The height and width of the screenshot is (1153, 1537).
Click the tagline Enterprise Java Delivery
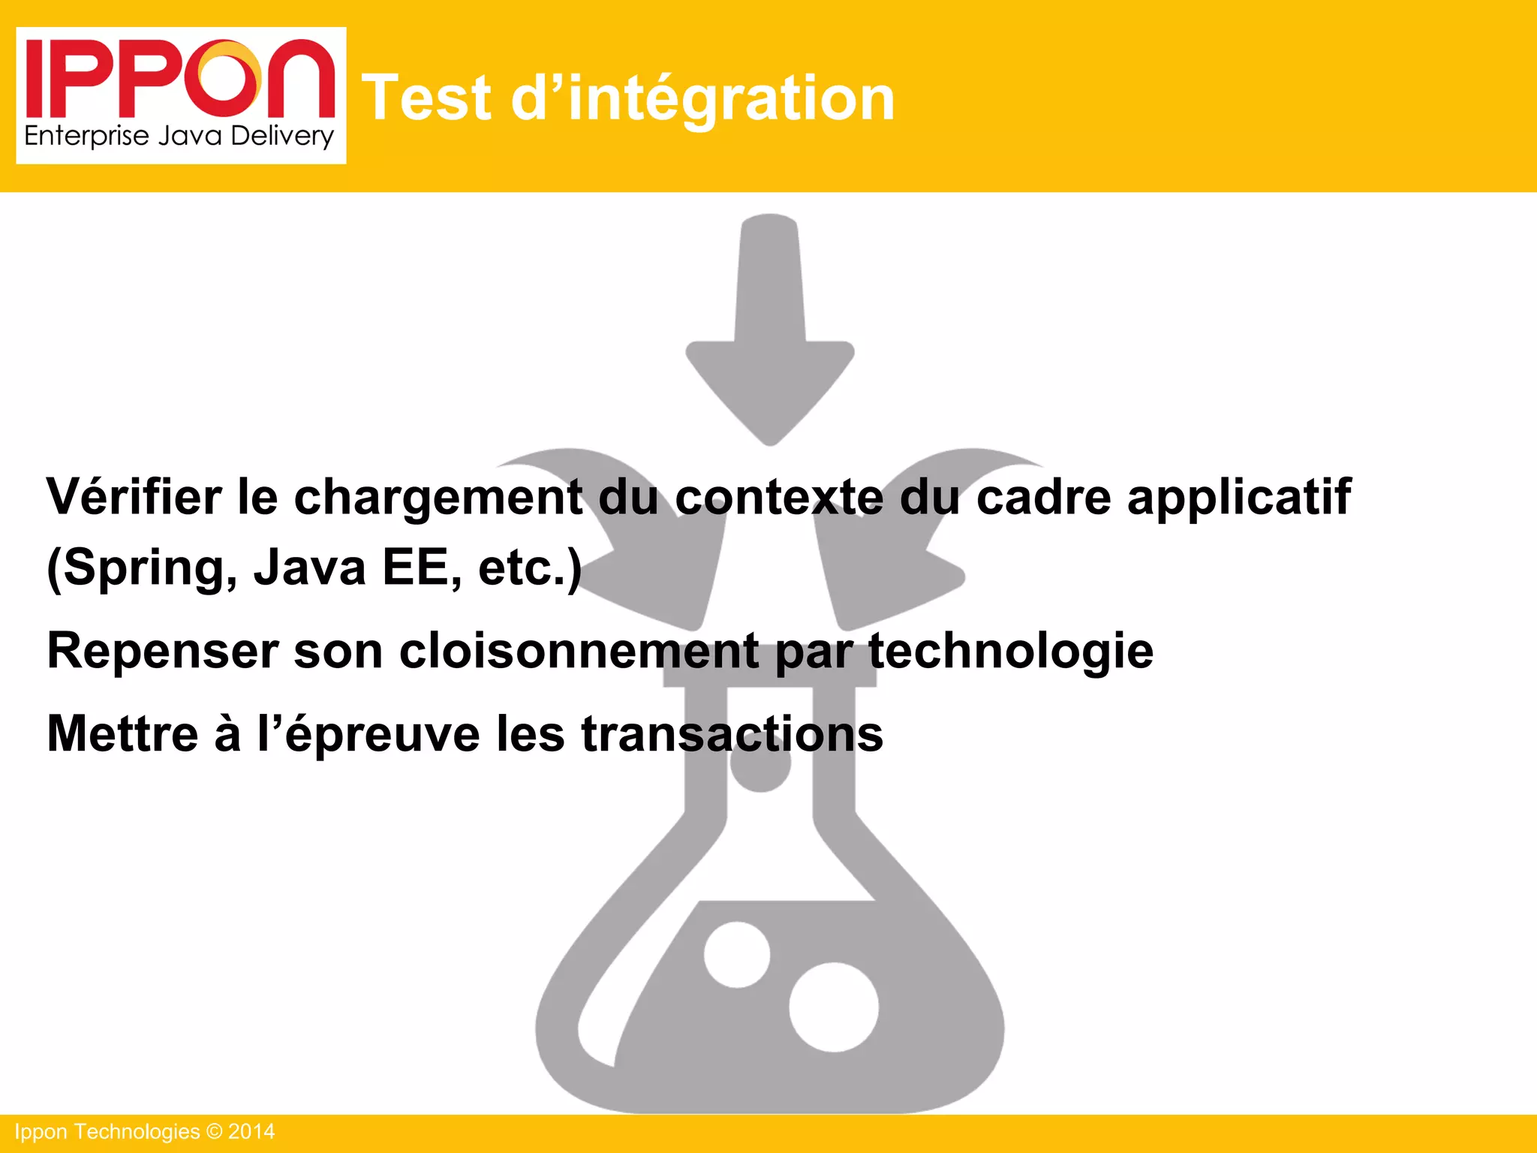pyautogui.click(x=179, y=137)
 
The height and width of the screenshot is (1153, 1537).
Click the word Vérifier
pyautogui.click(x=134, y=496)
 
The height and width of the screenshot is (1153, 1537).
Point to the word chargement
pyautogui.click(x=438, y=498)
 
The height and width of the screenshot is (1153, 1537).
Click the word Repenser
pyautogui.click(x=162, y=651)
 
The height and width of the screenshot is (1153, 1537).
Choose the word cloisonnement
pyautogui.click(x=579, y=650)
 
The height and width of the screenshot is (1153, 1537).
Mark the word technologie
pyautogui.click(x=1011, y=651)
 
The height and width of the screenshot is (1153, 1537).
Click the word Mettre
pyautogui.click(x=122, y=733)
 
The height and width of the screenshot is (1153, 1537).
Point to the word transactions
pyautogui.click(x=732, y=733)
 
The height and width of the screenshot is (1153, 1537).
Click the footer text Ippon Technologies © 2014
pyautogui.click(x=145, y=1131)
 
